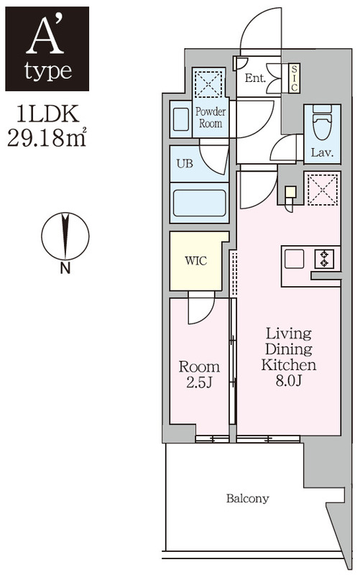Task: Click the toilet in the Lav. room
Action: tap(322, 123)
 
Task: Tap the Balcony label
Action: tap(247, 498)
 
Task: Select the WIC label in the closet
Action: tap(195, 261)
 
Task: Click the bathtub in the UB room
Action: tap(200, 203)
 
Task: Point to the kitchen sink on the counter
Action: tap(295, 259)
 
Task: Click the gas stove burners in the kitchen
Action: tap(324, 259)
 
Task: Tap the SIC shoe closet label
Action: tap(294, 78)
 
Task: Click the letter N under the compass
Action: tap(65, 269)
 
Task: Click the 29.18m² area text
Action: tap(47, 137)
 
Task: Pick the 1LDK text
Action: tap(47, 114)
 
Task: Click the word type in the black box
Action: tap(48, 71)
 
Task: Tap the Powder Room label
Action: tap(211, 117)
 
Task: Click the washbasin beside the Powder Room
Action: tap(181, 119)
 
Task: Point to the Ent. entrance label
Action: tap(255, 78)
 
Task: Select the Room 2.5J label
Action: tap(199, 374)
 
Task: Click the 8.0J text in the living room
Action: tap(289, 382)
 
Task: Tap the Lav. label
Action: tap(322, 152)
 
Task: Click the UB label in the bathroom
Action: tap(185, 164)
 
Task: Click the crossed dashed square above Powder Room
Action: tap(208, 83)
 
